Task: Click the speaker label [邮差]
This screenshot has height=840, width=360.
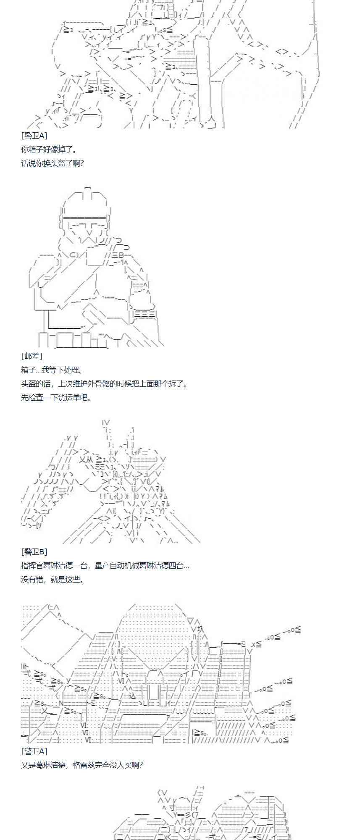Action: pos(32,356)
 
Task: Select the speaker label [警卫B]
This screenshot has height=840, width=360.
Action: pos(34,552)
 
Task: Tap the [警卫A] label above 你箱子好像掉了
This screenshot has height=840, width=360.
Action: pos(34,135)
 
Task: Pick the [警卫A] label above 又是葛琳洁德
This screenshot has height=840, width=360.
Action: pos(34,751)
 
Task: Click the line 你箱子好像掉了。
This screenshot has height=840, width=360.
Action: pos(49,149)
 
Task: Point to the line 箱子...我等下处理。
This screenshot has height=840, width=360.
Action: pos(52,370)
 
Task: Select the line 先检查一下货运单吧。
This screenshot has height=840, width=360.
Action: pos(56,397)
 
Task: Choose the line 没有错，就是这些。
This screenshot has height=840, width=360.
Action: pos(52,579)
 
